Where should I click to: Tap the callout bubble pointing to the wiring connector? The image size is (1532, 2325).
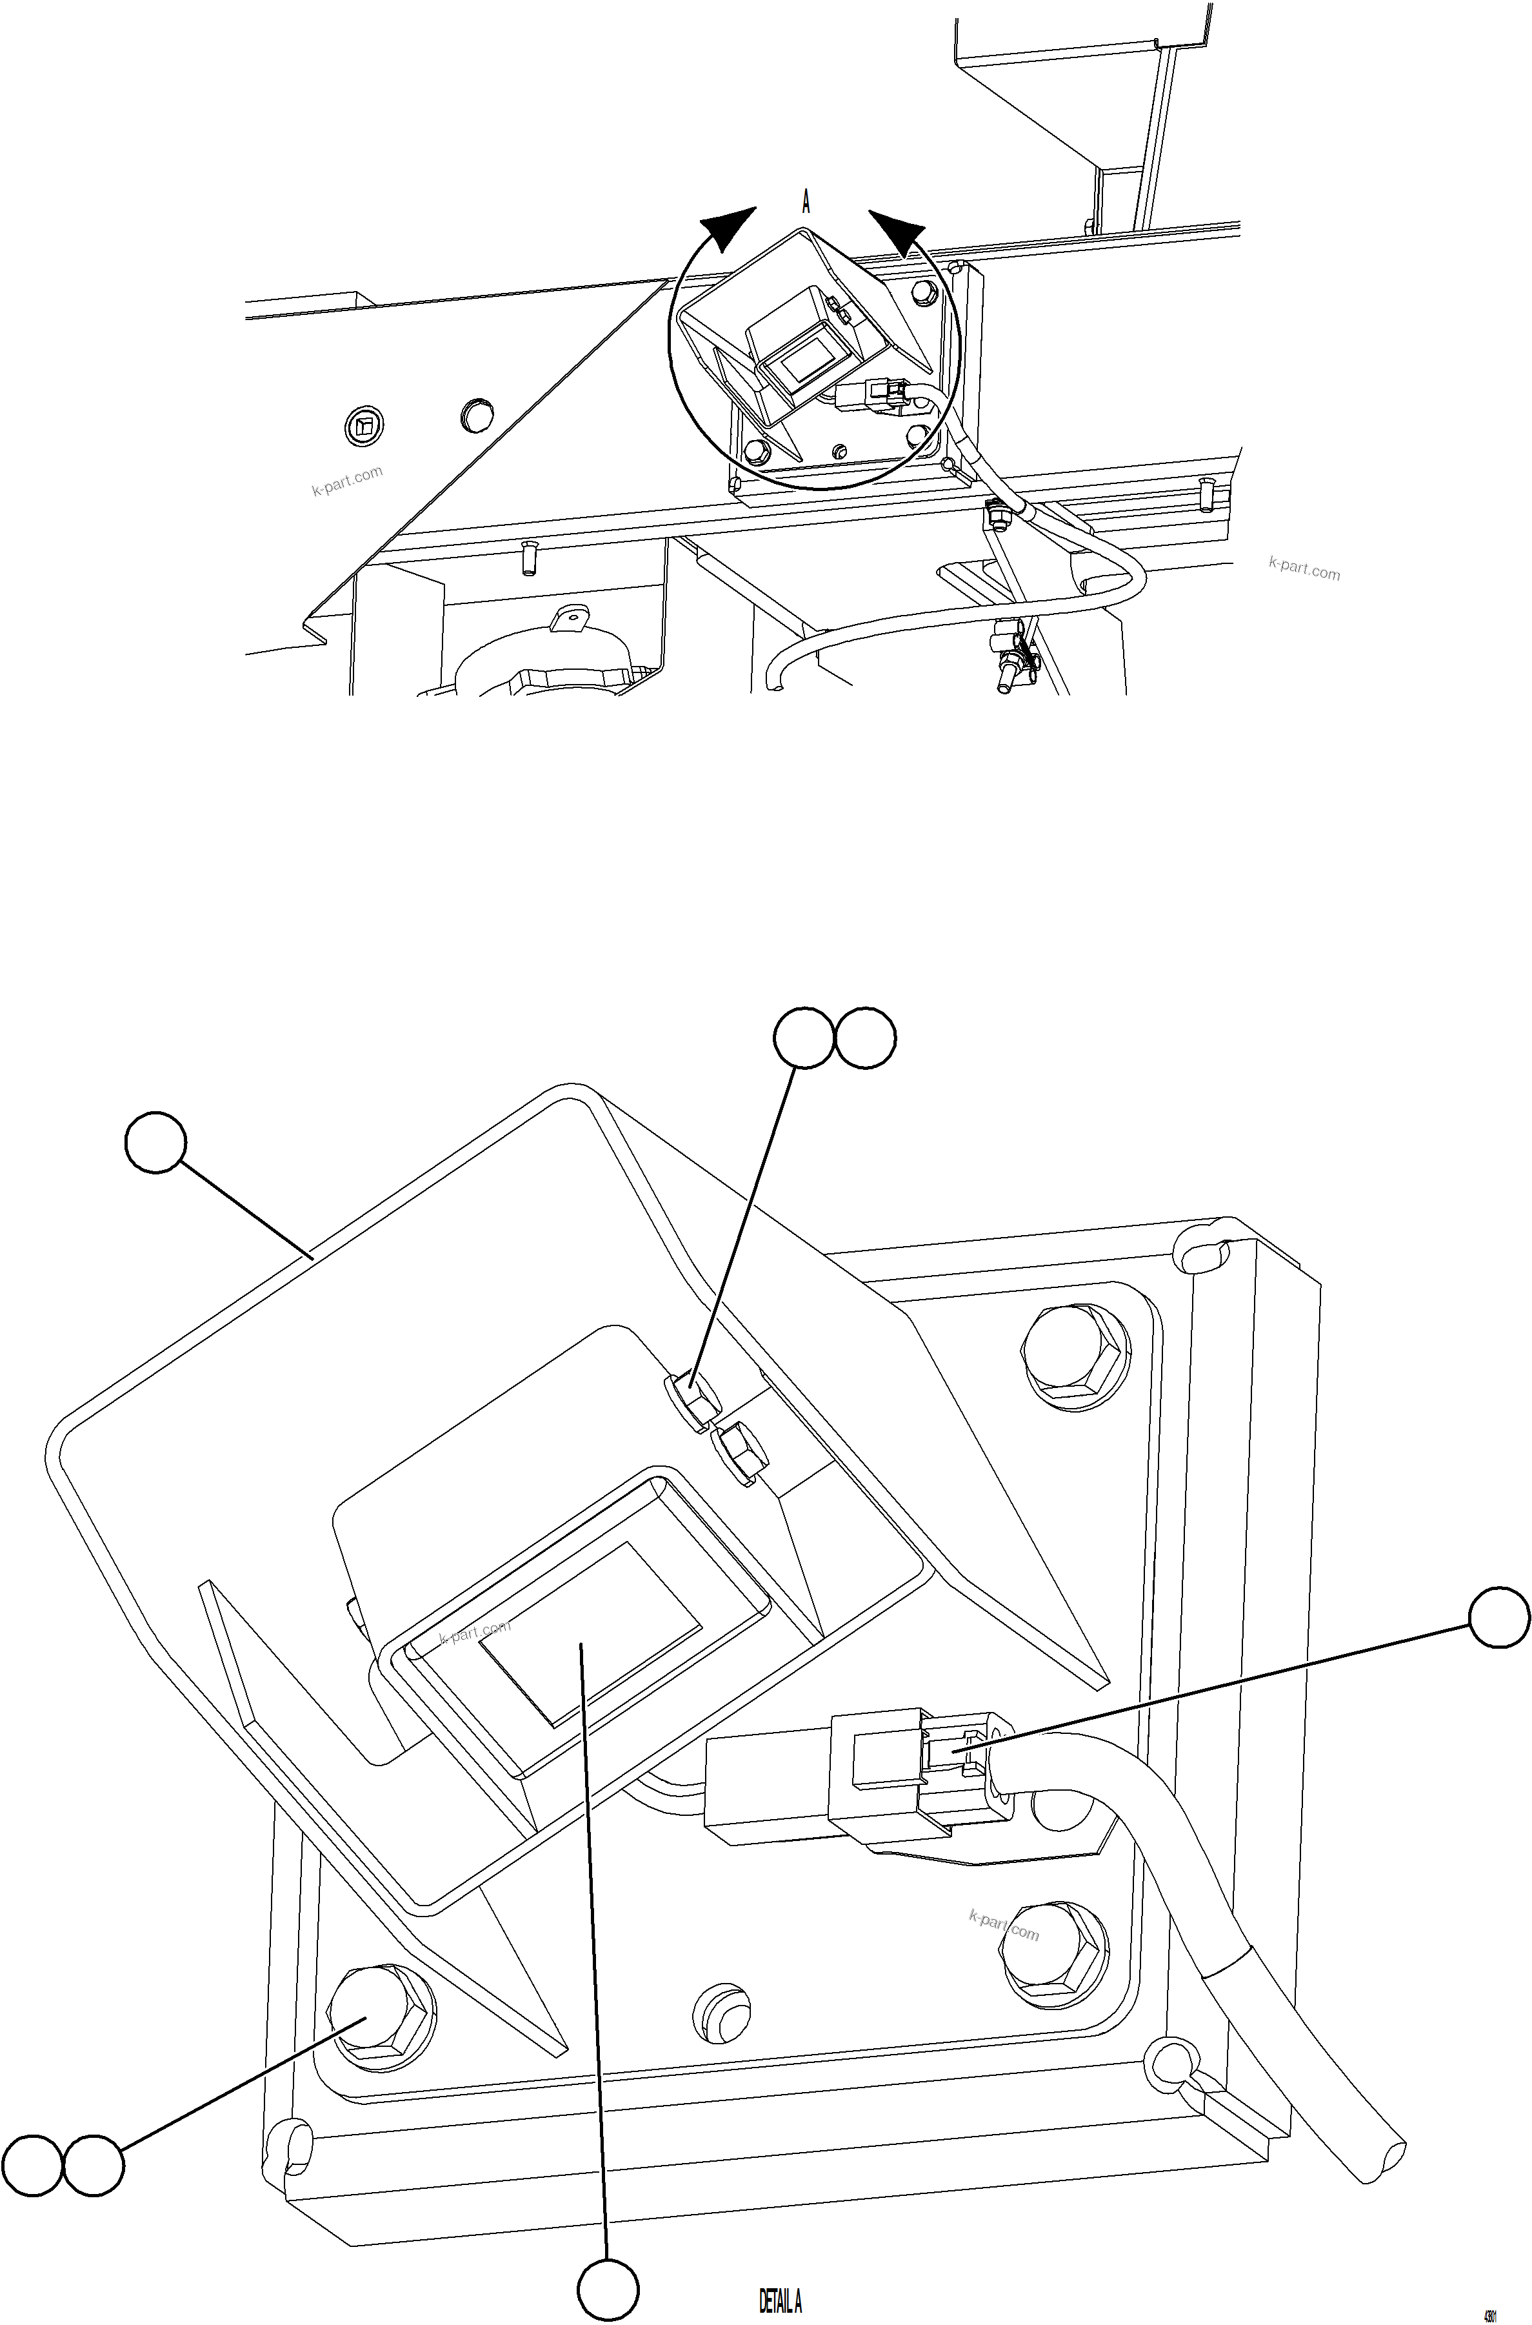pyautogui.click(x=1500, y=1618)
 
